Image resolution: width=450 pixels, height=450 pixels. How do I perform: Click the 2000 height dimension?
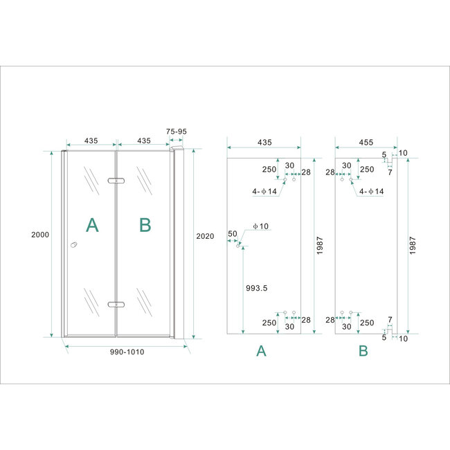[x=40, y=235]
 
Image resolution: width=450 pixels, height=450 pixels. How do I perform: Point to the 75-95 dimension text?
[x=177, y=131]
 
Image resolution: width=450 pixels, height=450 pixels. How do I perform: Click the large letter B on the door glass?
[x=145, y=224]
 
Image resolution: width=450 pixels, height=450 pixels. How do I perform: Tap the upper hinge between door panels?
[x=116, y=181]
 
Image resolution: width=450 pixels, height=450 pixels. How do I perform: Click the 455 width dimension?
[x=366, y=142]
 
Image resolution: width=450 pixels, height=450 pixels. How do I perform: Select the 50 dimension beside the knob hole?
[x=232, y=234]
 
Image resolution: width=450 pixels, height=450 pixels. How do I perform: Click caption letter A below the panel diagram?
[x=261, y=352]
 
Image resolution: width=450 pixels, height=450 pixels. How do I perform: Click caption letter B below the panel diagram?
[x=363, y=352]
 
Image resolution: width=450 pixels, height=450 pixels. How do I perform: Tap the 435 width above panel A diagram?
[x=264, y=142]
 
